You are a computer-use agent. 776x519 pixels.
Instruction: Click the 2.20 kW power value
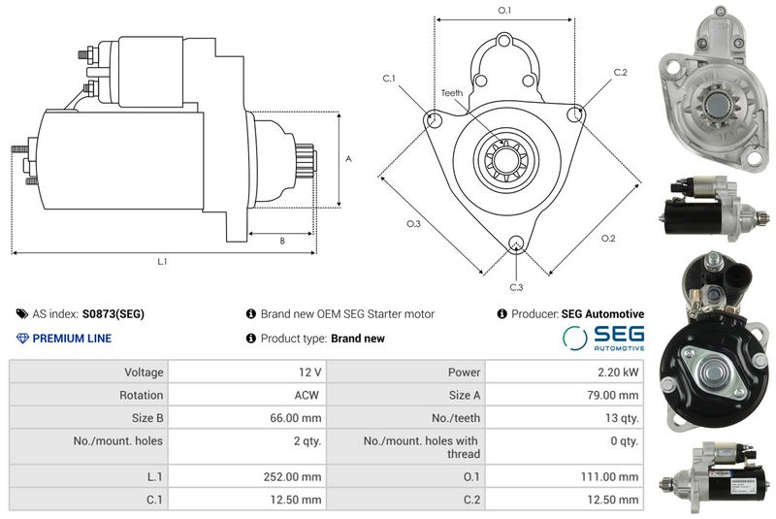(x=618, y=373)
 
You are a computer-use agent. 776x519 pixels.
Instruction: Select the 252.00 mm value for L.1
(x=292, y=476)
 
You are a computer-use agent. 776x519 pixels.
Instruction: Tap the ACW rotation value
(x=307, y=395)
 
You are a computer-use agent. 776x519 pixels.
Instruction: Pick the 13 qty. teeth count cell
(x=622, y=418)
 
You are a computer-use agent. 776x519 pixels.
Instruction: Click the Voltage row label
(x=144, y=373)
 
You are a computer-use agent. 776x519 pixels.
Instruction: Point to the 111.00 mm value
(x=609, y=476)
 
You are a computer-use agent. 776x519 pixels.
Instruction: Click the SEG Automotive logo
(x=603, y=338)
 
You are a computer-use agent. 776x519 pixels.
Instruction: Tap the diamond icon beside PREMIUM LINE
(x=22, y=339)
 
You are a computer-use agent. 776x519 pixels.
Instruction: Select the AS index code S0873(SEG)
(x=113, y=313)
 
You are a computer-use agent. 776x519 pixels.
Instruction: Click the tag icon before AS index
(x=22, y=313)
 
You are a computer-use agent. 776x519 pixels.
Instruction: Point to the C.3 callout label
(x=516, y=287)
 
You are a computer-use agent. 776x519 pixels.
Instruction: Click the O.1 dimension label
(x=503, y=10)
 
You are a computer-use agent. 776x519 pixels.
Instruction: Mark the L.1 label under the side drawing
(x=162, y=261)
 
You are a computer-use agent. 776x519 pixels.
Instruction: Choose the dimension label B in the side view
(x=282, y=241)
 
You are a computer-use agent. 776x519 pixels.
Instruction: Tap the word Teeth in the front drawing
(x=452, y=93)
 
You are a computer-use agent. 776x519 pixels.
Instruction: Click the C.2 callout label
(x=620, y=72)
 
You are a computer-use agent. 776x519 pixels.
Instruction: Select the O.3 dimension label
(x=413, y=224)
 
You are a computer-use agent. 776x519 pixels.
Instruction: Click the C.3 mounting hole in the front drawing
(x=516, y=243)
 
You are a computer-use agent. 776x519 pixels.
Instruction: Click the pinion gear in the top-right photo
(x=714, y=105)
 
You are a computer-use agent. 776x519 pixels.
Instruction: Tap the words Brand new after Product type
(x=358, y=339)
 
